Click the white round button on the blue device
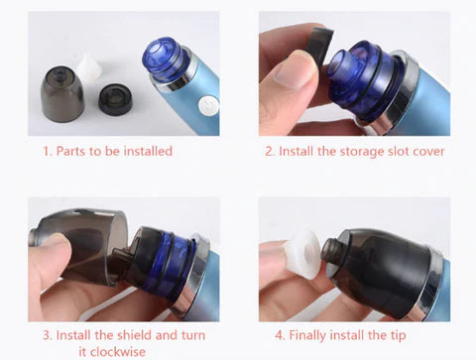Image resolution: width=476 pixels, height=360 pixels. point(208,106)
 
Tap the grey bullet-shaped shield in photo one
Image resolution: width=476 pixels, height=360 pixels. point(62,93)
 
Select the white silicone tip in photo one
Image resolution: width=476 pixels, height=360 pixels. point(89,68)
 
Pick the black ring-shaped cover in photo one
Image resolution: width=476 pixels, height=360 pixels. point(116,99)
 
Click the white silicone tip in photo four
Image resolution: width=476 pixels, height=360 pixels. point(302,254)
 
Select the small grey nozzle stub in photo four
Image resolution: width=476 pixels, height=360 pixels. point(330,250)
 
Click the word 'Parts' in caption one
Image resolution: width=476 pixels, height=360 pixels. point(72,151)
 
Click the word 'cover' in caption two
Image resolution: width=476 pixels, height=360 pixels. point(428,152)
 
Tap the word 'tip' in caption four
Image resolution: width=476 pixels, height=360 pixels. point(398,336)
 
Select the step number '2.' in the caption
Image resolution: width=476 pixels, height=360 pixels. point(270,152)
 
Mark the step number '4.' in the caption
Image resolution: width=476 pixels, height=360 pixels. point(280,335)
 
